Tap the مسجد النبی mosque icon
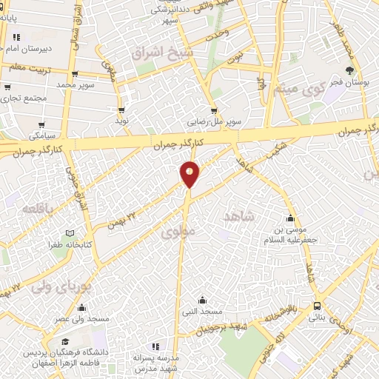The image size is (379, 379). pyautogui.click(x=203, y=301)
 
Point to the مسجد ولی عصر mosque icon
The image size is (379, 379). pyautogui.click(x=81, y=308)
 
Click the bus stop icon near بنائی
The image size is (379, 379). pyautogui.click(x=318, y=305)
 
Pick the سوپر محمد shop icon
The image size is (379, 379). pyautogui.click(x=76, y=74)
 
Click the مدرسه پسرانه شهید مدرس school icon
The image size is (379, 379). pyautogui.click(x=155, y=346)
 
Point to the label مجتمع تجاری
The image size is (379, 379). pyautogui.click(x=24, y=98)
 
